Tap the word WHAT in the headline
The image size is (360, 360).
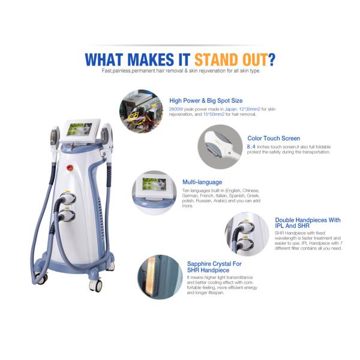pyautogui.click(x=107, y=59)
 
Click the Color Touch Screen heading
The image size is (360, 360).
pyautogui.click(x=274, y=138)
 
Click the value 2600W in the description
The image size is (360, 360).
pyautogui.click(x=176, y=110)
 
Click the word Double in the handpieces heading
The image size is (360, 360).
pyautogui.click(x=287, y=220)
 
